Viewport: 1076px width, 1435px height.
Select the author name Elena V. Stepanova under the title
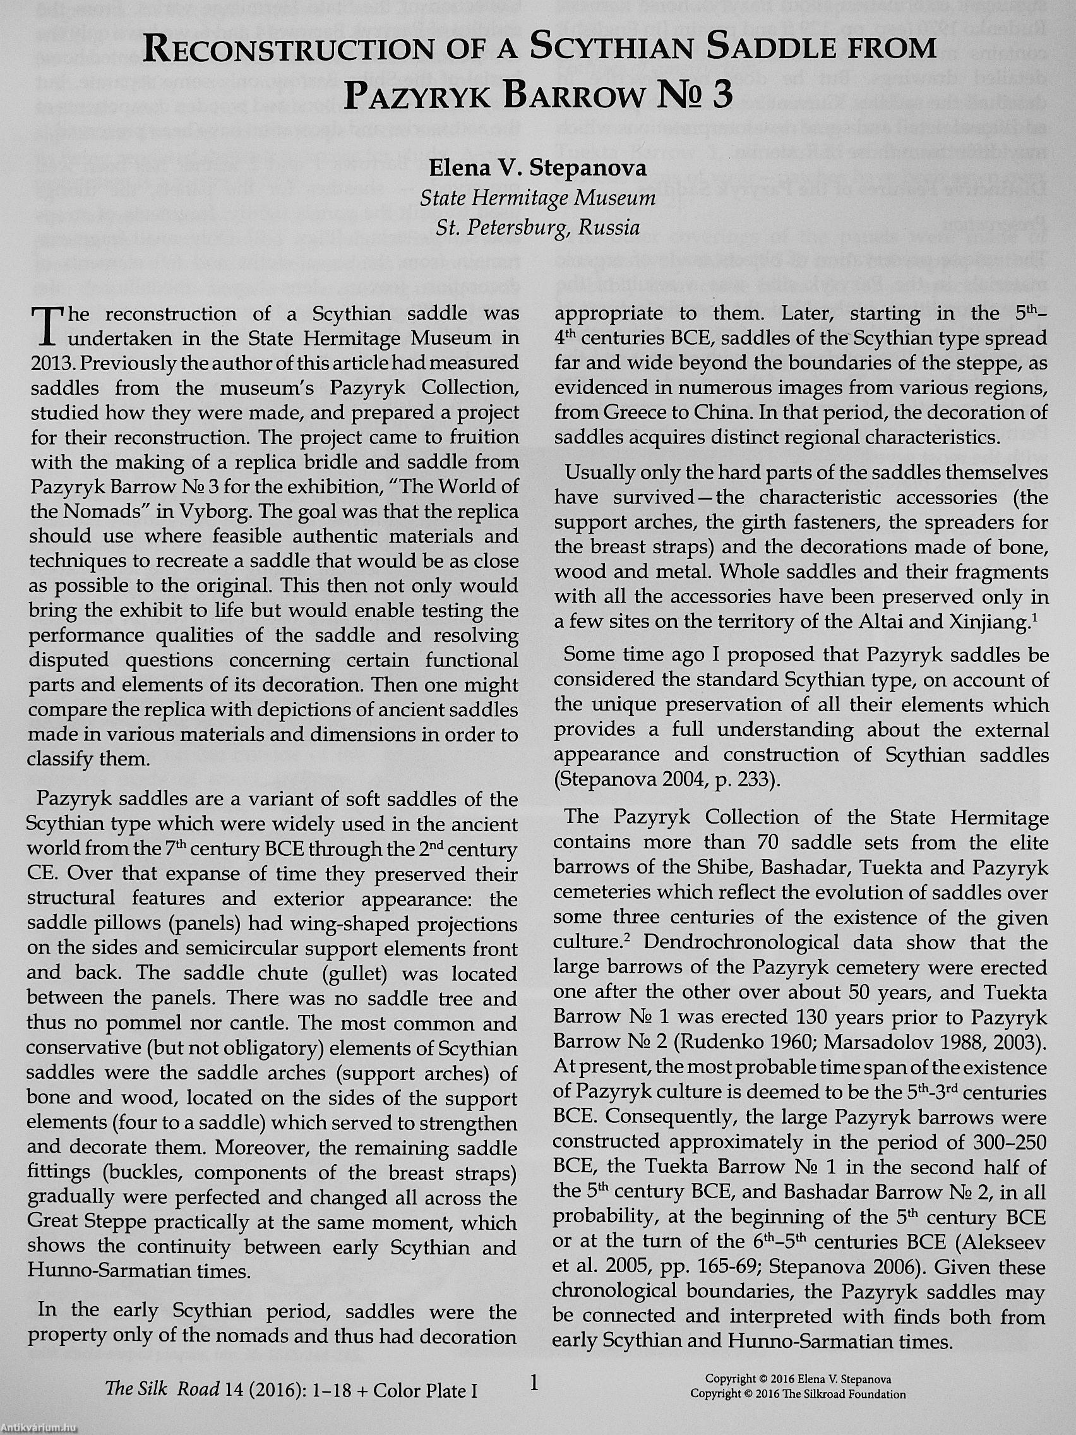tap(537, 168)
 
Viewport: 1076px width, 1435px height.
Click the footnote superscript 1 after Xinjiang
tap(1036, 617)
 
